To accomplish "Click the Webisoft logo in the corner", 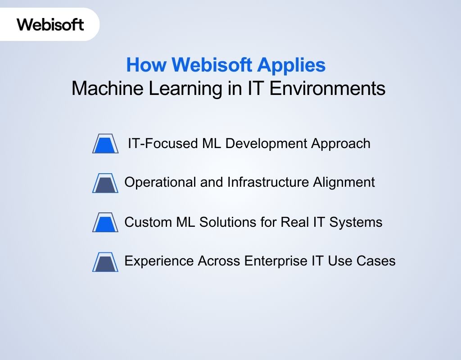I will tap(50, 24).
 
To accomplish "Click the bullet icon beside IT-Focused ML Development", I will tap(105, 144).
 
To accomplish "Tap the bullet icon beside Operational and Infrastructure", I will tap(105, 183).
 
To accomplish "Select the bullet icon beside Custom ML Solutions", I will tap(105, 222).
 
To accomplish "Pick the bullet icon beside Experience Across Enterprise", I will tap(105, 261).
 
